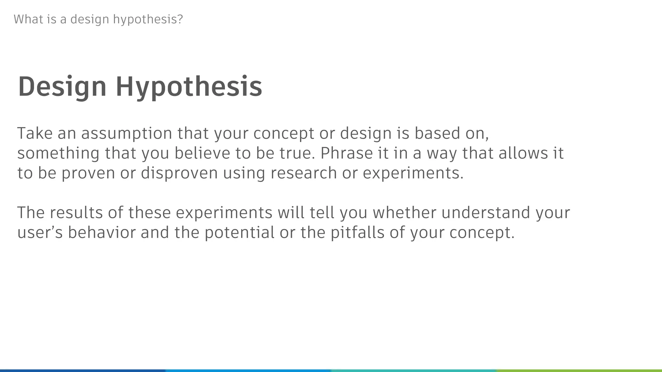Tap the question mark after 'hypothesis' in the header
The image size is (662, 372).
180,19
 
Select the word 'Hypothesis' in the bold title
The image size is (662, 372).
189,87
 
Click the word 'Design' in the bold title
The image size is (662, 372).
62,87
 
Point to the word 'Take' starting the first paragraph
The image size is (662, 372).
35,133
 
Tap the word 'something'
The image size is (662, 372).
58,153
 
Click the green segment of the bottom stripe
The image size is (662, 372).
579,370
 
